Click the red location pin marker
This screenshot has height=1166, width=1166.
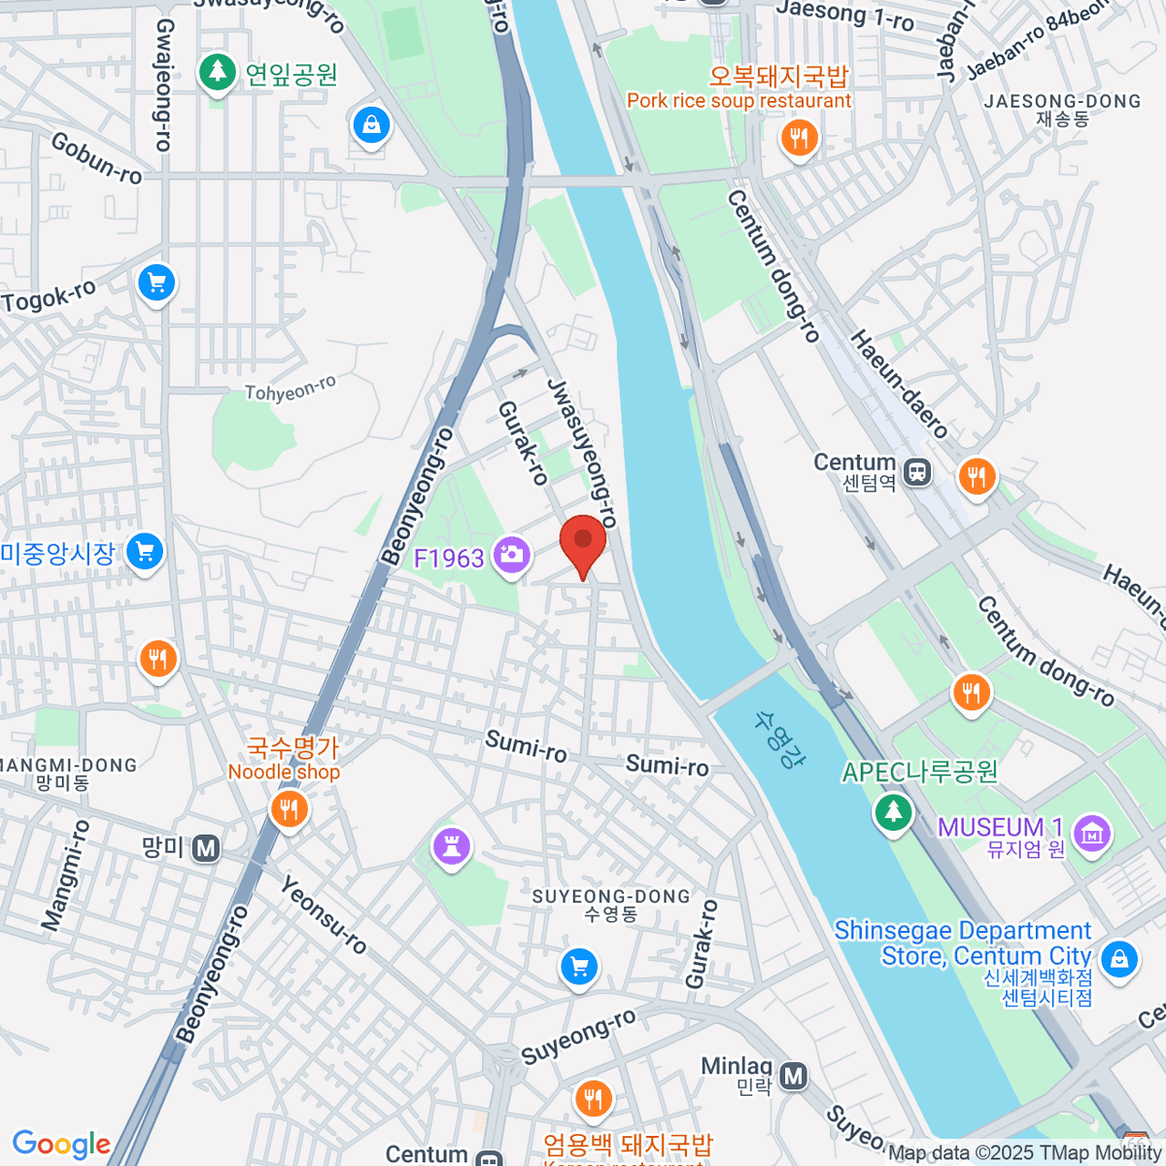point(583,542)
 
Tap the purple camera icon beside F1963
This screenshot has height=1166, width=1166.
point(511,555)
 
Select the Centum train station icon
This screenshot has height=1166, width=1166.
point(916,473)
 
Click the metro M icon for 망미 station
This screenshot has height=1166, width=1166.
point(205,848)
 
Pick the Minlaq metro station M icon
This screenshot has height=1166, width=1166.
point(794,1076)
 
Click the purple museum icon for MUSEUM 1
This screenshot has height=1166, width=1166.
point(1093,833)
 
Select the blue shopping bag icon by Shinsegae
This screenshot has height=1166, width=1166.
point(1119,958)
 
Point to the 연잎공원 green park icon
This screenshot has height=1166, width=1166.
point(217,72)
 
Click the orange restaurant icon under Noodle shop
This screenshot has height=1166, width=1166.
point(288,807)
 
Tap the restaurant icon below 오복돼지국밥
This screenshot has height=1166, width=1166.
point(799,138)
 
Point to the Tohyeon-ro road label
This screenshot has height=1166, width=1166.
point(291,389)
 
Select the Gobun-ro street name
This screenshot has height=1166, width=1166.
point(96,158)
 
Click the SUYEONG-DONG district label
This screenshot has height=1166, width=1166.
point(611,897)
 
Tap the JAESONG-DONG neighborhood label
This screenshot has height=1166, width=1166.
point(1061,101)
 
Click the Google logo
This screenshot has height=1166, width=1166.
point(61,1144)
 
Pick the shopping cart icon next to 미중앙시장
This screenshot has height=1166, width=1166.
point(145,552)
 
